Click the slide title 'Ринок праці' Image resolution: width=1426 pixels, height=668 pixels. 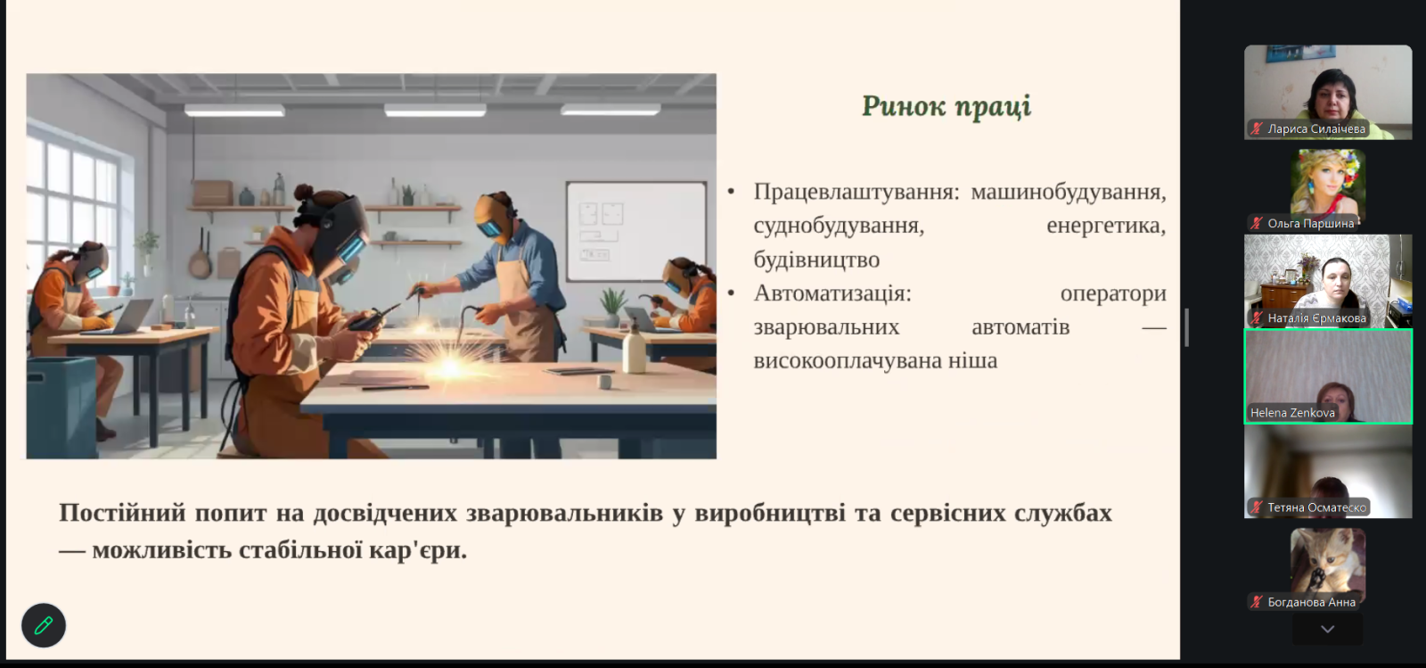(x=946, y=106)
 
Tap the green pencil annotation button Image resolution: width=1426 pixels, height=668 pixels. (x=44, y=625)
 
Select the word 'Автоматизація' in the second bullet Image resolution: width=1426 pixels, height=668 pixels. (x=832, y=293)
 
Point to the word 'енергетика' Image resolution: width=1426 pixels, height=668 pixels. (x=1106, y=226)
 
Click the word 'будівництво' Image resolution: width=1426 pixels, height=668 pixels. (x=816, y=260)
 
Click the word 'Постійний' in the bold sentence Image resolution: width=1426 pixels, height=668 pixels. (x=122, y=513)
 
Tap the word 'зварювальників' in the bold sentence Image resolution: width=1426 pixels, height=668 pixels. (x=564, y=513)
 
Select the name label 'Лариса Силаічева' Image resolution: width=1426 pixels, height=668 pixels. (x=1316, y=129)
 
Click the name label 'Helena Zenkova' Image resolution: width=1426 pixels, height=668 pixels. (x=1292, y=413)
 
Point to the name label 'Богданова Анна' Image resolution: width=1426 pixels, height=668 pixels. (x=1311, y=602)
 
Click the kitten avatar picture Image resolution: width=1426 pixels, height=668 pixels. (x=1328, y=560)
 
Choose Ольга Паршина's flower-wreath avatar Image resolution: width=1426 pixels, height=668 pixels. (x=1328, y=183)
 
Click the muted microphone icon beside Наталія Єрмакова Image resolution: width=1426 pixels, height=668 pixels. (x=1256, y=318)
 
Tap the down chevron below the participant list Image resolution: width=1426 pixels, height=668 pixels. (x=1327, y=629)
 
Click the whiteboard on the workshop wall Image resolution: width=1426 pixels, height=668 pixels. (x=636, y=232)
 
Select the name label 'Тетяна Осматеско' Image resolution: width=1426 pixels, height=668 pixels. (x=1316, y=507)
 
